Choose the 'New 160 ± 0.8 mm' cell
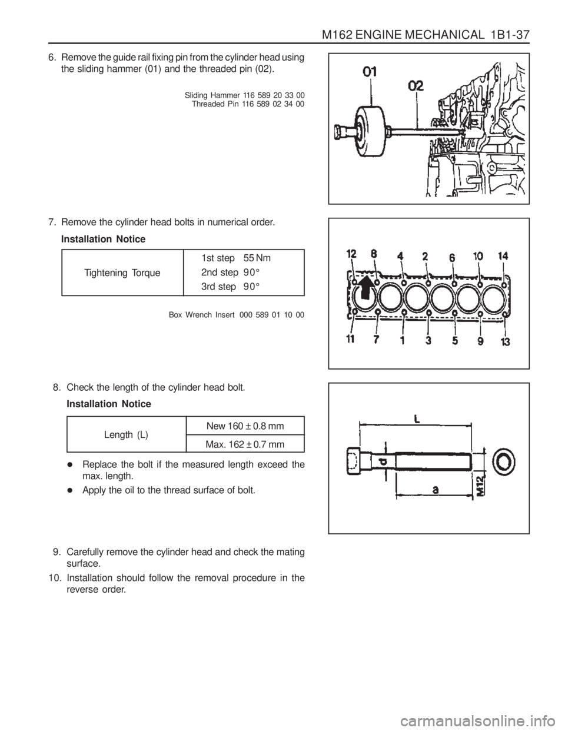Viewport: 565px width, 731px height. pyautogui.click(x=246, y=426)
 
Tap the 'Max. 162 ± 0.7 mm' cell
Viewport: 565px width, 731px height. pyautogui.click(x=246, y=443)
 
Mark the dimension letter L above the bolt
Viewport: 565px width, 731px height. pyautogui.click(x=417, y=419)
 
